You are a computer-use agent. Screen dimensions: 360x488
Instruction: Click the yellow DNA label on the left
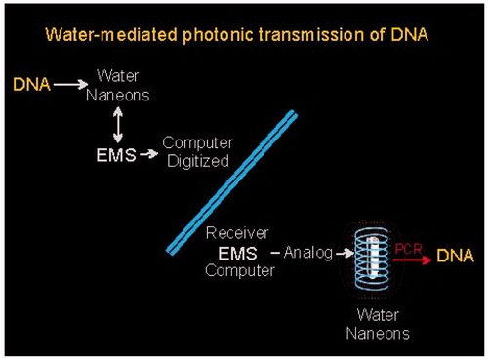coord(31,85)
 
